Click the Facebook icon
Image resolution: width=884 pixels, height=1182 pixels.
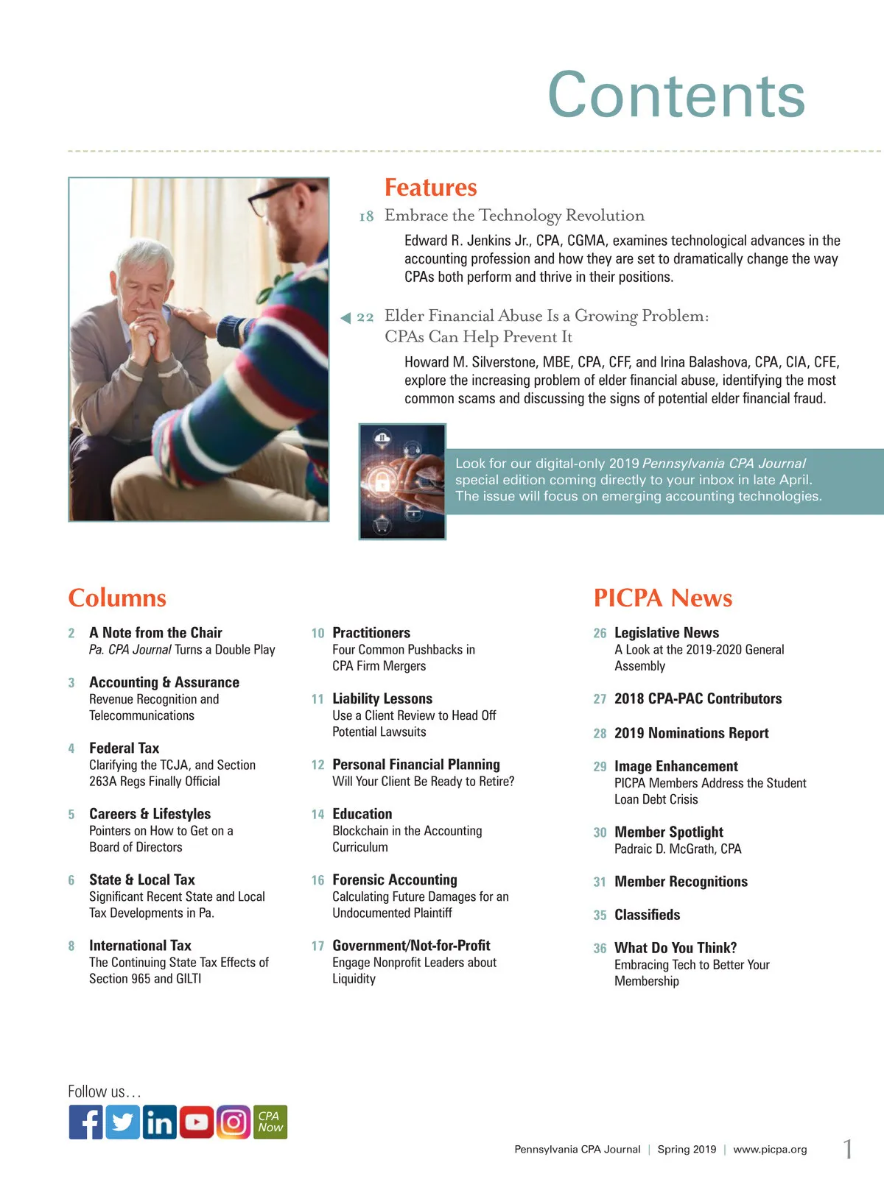tap(85, 1122)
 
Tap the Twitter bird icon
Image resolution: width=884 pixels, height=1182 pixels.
tap(122, 1122)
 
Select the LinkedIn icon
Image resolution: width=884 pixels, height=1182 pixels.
tap(159, 1122)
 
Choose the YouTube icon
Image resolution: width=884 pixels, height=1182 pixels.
tap(196, 1122)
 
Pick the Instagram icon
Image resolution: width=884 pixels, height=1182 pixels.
tap(233, 1122)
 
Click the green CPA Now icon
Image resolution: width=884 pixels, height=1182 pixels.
tap(270, 1122)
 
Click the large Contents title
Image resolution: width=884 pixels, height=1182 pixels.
tap(676, 95)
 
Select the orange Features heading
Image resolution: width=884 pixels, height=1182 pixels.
tap(430, 188)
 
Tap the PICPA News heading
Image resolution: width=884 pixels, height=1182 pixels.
tap(662, 598)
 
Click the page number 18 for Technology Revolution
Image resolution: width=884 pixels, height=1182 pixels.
tap(366, 216)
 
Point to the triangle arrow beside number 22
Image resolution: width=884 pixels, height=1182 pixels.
tap(345, 318)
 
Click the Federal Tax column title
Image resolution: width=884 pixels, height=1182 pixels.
tap(124, 748)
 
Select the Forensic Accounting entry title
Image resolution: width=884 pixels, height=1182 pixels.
tap(394, 880)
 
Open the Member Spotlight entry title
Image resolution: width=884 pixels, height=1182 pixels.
tap(668, 832)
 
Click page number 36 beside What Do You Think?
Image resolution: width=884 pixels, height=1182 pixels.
tap(600, 949)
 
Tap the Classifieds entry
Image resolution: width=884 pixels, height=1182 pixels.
tap(647, 915)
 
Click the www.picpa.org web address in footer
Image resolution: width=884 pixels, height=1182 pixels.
tap(770, 1150)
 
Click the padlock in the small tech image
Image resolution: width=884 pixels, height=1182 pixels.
tap(382, 483)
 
